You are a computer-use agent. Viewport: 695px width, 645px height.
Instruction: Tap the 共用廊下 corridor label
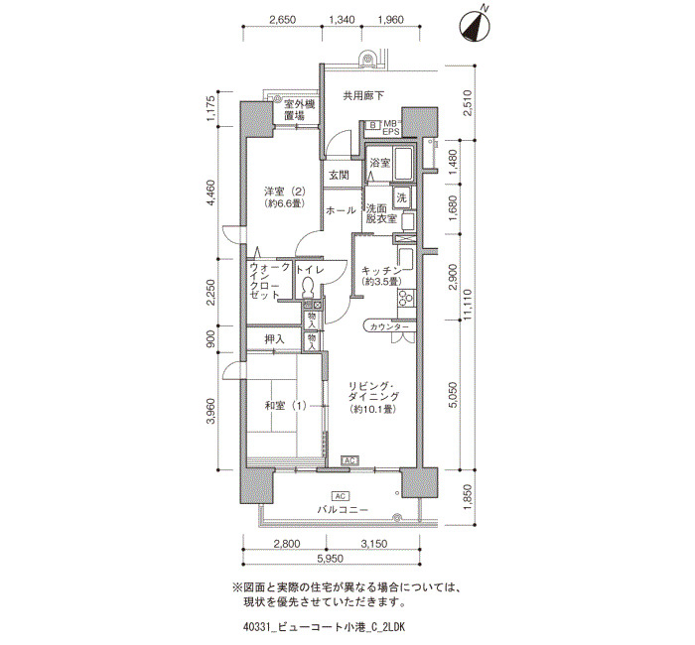click(x=363, y=95)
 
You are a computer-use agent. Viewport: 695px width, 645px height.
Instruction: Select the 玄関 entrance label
click(x=339, y=175)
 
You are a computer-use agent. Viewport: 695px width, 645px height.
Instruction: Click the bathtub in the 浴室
click(x=404, y=163)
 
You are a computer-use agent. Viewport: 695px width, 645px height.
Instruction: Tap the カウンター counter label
click(x=389, y=326)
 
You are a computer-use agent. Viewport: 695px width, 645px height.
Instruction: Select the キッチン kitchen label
click(x=381, y=271)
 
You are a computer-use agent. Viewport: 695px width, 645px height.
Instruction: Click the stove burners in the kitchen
click(x=405, y=298)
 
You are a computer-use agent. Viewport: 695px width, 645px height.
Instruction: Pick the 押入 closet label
click(x=274, y=339)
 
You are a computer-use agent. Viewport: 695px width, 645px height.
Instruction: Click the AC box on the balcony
click(x=341, y=495)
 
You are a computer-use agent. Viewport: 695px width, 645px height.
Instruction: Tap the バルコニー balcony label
click(x=343, y=509)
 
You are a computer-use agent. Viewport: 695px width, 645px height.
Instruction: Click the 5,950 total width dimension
click(x=331, y=559)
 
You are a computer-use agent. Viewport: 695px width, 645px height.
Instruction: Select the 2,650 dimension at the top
click(x=282, y=20)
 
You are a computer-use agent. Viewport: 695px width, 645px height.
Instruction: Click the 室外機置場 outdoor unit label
click(x=300, y=110)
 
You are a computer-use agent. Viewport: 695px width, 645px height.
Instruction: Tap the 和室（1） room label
click(x=285, y=405)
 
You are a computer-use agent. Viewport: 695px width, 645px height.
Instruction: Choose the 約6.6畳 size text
click(x=285, y=203)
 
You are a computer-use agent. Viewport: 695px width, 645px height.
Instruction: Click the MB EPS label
click(x=391, y=127)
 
